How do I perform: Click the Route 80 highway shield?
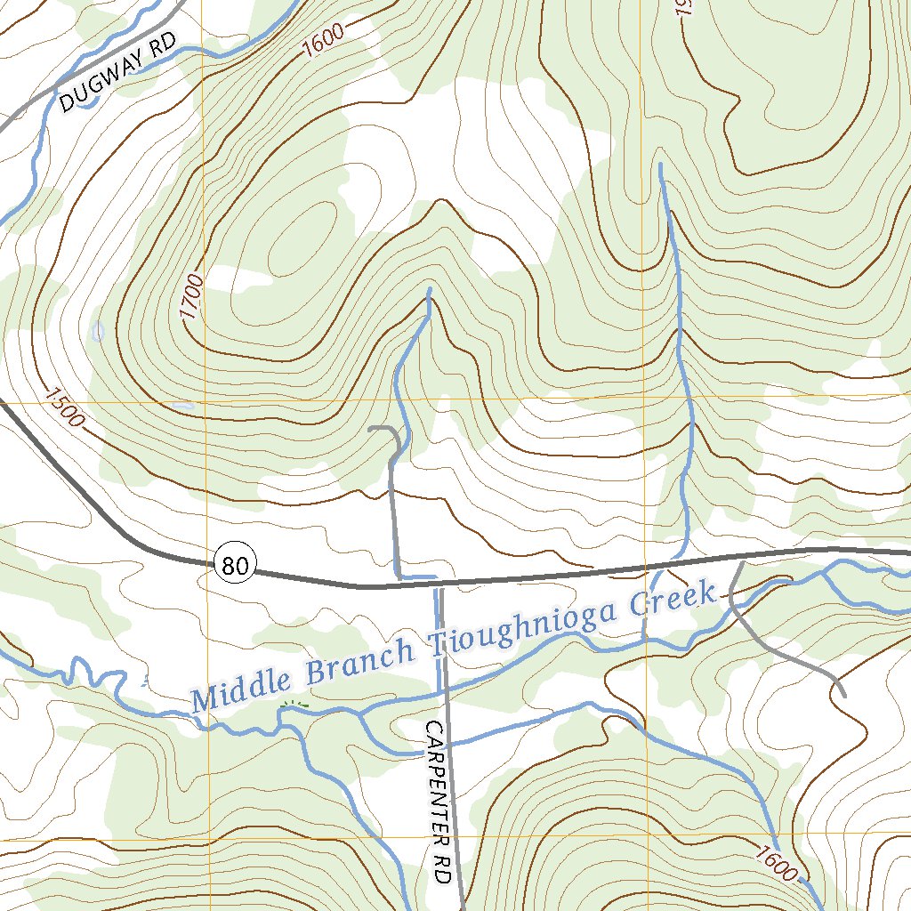pyautogui.click(x=236, y=563)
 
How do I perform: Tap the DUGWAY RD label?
pyautogui.click(x=119, y=71)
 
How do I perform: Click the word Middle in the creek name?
pyautogui.click(x=240, y=687)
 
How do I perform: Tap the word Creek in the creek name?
pyautogui.click(x=673, y=602)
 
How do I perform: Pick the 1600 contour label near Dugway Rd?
pyautogui.click(x=321, y=41)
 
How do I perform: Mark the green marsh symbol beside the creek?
pyautogui.click(x=294, y=705)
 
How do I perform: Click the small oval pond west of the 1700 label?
pyautogui.click(x=98, y=332)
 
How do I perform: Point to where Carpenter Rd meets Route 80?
pyautogui.click(x=438, y=585)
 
